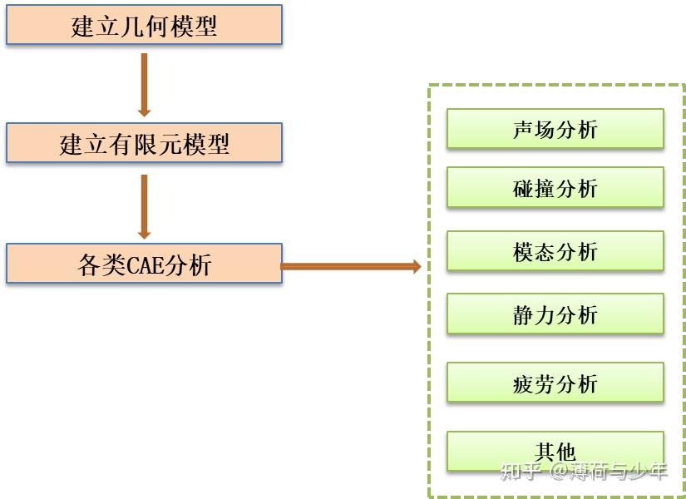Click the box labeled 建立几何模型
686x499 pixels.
coord(144,26)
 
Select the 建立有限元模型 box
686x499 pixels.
coord(144,143)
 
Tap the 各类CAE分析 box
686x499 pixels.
coord(144,264)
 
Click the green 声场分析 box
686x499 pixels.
coord(555,129)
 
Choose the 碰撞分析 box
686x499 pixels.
coord(555,188)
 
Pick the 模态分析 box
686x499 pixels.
coord(555,251)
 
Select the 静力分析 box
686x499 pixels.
coord(555,314)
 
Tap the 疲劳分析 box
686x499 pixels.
coord(555,383)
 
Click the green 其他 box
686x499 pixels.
coord(555,452)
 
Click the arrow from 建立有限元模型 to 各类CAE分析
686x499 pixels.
coord(144,206)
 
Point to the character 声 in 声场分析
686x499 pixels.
coord(524,130)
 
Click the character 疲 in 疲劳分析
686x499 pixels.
coord(524,384)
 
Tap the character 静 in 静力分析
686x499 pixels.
coord(524,315)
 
